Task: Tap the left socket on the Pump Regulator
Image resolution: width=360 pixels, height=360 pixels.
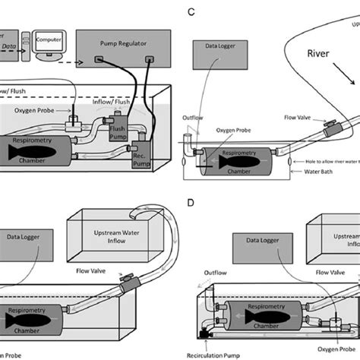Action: pos(99,59)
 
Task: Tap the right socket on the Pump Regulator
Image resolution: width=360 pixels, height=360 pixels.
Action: pos(148,59)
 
